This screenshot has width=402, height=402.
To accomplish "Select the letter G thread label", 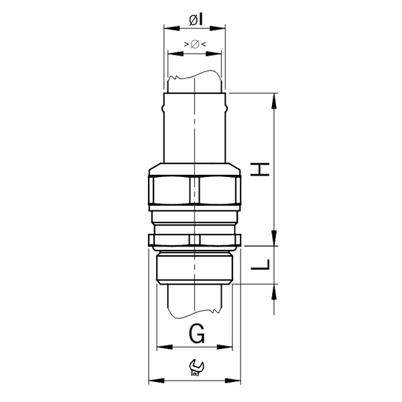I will coord(195,332).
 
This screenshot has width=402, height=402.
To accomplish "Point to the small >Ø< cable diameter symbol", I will coord(194,44).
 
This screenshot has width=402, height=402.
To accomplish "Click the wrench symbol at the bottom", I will coord(195,366).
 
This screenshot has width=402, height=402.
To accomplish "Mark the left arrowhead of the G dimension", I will coord(159,348).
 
